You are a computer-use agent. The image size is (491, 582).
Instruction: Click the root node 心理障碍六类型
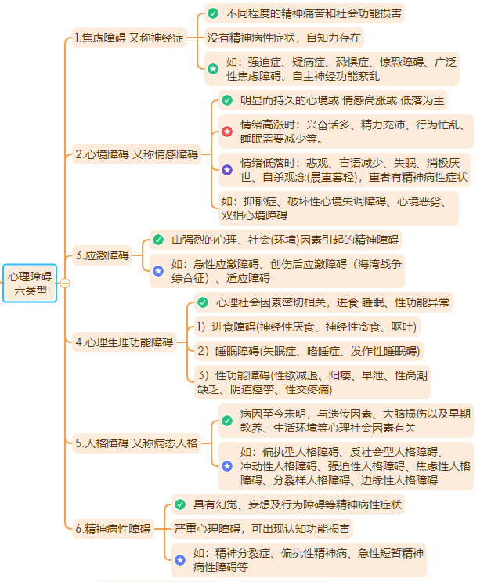(x=30, y=284)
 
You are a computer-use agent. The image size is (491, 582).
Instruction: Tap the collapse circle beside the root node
(x=65, y=284)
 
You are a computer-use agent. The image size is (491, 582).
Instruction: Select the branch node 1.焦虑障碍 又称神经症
(x=128, y=38)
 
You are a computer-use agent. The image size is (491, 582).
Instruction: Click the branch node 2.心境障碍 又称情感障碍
(x=136, y=154)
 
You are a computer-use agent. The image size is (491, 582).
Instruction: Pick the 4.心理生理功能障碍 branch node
(x=125, y=342)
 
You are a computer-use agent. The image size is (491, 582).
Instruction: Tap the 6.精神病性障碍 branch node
(x=113, y=529)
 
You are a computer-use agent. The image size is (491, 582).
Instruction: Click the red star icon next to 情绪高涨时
(x=227, y=132)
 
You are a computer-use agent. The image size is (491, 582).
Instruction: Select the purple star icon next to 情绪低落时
(x=227, y=169)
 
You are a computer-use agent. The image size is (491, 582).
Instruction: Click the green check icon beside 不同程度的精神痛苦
(x=213, y=13)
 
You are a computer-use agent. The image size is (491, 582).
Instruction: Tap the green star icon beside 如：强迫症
(x=213, y=69)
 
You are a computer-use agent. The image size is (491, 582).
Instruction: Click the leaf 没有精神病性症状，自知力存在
(x=284, y=38)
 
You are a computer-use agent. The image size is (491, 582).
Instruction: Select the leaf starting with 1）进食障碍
(x=307, y=327)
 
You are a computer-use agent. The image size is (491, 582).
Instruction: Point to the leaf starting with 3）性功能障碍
(x=312, y=382)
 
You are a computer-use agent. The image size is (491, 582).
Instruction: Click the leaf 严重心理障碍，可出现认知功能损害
(x=263, y=529)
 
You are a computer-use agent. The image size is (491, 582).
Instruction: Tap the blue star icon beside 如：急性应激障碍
(x=158, y=270)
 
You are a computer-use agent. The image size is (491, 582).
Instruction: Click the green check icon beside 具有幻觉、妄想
(x=180, y=504)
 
